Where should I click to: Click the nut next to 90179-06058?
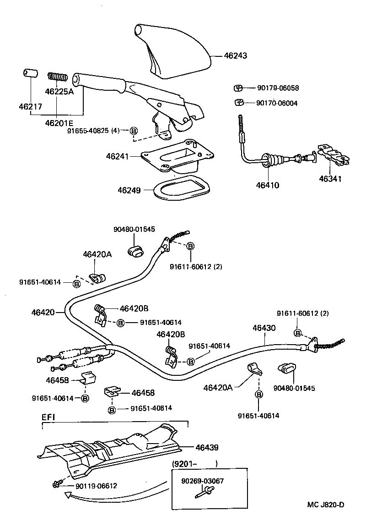point(237,88)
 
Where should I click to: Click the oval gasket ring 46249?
point(180,189)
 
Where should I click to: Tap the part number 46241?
point(118,156)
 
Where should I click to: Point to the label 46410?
point(267,186)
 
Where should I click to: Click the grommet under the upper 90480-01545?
point(135,250)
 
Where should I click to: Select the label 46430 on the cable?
point(264,329)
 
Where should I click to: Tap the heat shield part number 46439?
point(207,447)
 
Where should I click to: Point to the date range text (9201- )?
point(194,464)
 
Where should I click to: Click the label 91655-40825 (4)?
point(93,131)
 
